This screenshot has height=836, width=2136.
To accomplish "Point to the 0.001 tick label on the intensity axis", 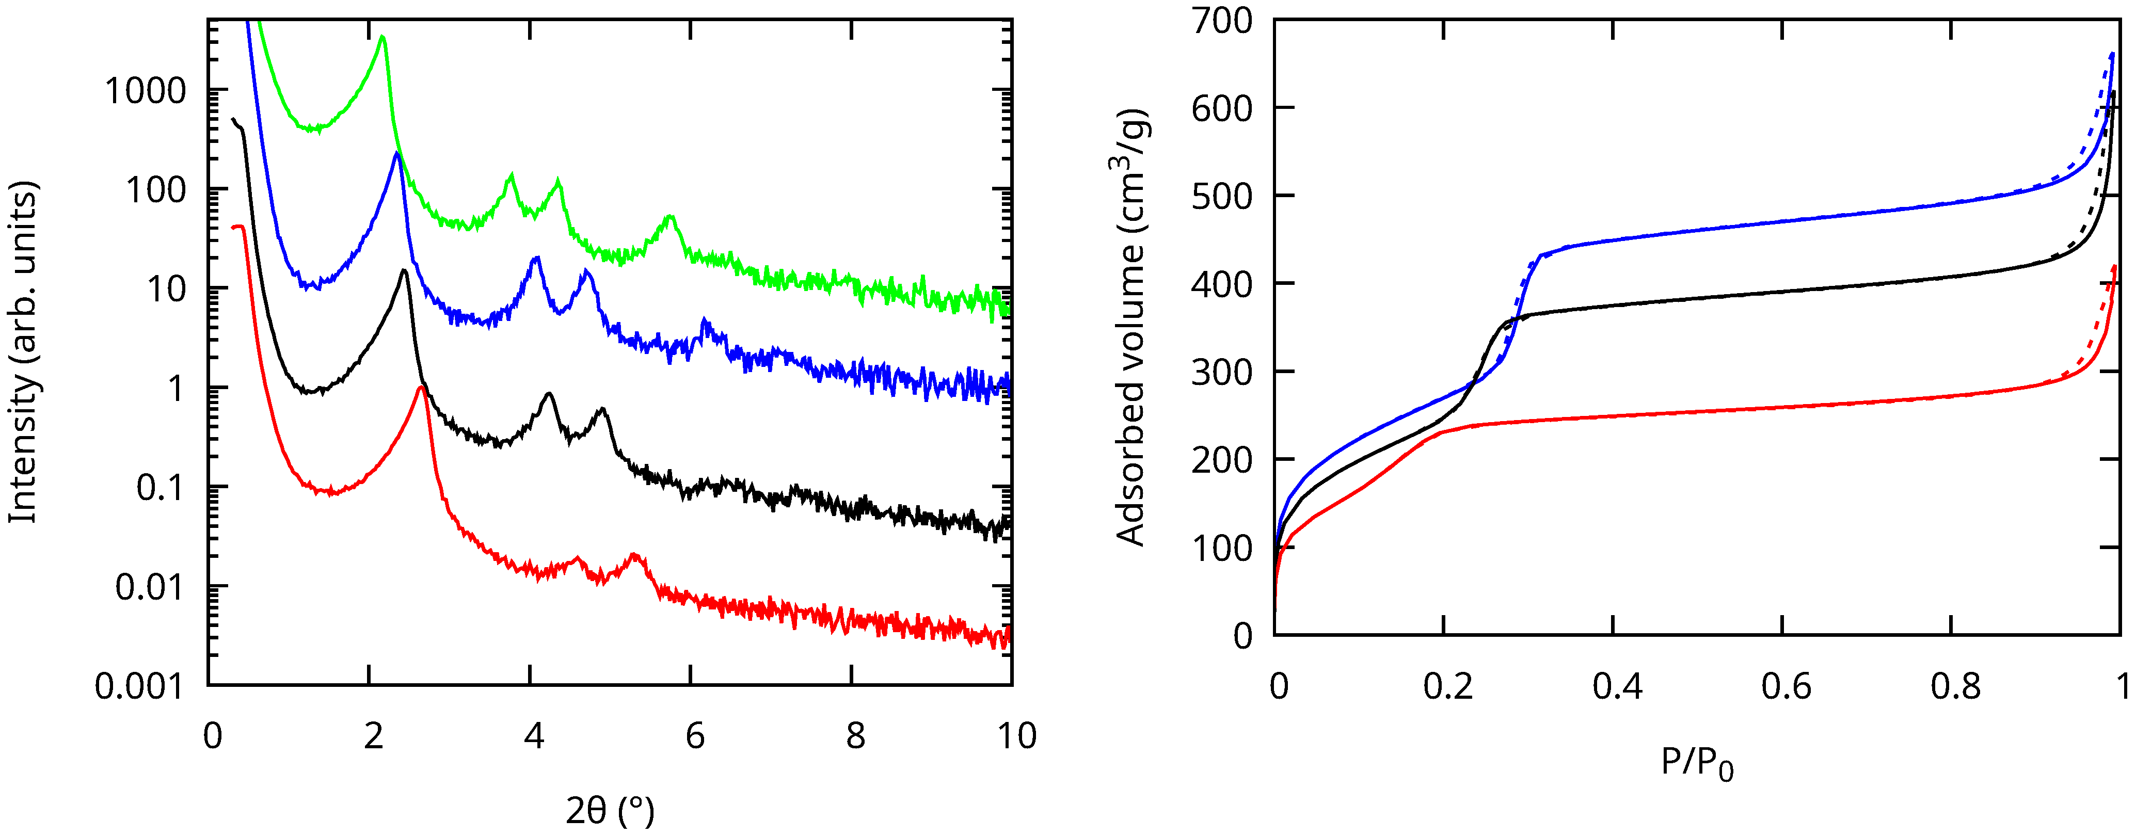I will click(138, 687).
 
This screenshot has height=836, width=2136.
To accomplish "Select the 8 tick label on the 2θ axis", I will click(855, 736).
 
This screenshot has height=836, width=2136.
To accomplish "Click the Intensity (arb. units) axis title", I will click(23, 352).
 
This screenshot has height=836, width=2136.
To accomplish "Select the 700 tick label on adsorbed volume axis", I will click(1222, 21).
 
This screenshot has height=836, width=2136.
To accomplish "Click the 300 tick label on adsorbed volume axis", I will click(1222, 373).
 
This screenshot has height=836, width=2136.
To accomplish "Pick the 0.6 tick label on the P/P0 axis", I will click(1786, 687).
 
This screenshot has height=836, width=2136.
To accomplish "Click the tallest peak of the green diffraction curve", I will click(381, 37).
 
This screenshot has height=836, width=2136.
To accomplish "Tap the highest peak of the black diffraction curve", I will click(404, 270).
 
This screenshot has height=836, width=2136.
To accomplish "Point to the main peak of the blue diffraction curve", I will click(397, 153).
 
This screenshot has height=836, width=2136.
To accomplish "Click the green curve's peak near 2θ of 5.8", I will click(671, 217).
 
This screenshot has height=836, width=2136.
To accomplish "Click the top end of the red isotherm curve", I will click(2114, 266).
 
